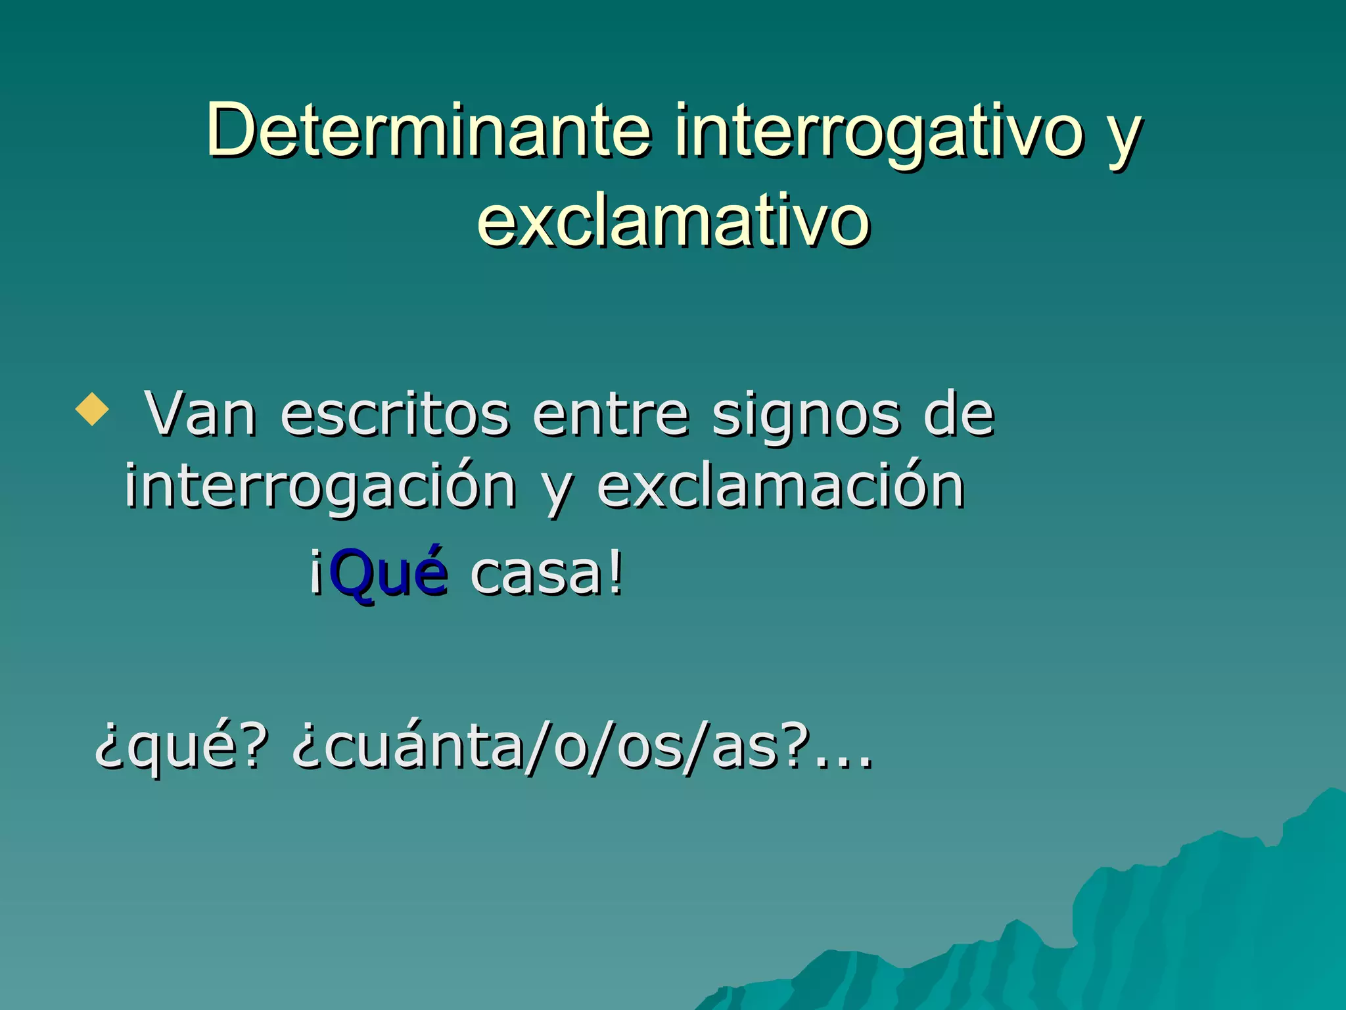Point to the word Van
(200, 415)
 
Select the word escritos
(394, 415)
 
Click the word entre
(611, 415)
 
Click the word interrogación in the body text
(320, 488)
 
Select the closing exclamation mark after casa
(615, 573)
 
